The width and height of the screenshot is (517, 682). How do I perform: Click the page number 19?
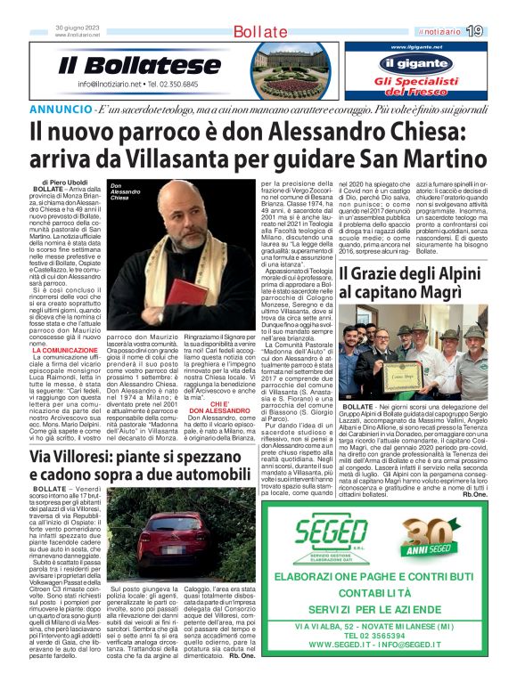click(x=500, y=31)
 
